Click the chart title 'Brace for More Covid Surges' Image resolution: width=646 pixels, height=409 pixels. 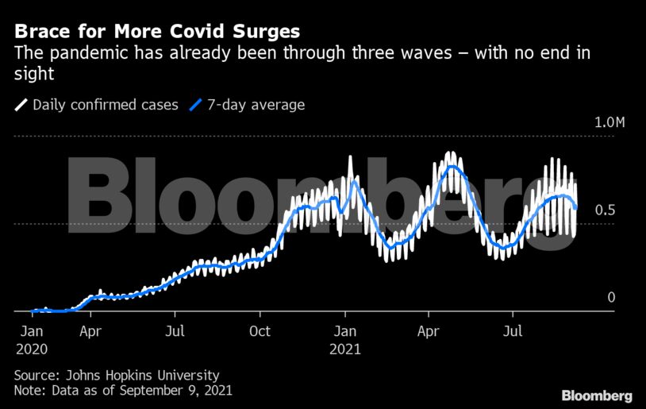click(157, 32)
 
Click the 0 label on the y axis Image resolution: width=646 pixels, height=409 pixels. click(611, 297)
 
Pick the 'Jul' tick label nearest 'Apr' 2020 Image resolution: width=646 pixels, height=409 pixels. click(175, 331)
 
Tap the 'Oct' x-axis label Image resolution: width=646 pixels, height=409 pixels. click(260, 331)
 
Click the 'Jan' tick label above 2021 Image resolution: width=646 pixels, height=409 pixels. click(344, 331)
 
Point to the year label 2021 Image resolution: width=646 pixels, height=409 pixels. click(346, 348)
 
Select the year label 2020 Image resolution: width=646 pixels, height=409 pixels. click(32, 348)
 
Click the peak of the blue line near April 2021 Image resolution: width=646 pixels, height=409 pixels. click(452, 166)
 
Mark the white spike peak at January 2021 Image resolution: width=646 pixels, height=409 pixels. click(352, 158)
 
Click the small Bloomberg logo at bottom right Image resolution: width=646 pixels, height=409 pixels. click(597, 395)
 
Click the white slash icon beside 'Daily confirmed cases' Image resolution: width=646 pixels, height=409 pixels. click(21, 105)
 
